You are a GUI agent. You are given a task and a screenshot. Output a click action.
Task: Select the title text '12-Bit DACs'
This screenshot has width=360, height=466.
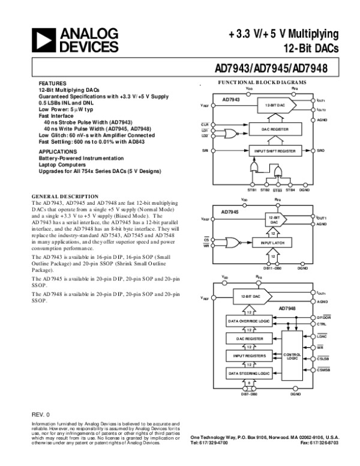[313, 47]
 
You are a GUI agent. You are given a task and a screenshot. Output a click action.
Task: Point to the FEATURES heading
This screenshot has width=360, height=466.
[49, 82]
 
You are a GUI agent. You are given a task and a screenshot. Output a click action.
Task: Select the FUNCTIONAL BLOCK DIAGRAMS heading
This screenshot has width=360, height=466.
[262, 82]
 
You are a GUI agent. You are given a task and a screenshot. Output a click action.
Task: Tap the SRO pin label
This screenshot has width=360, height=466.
[320, 150]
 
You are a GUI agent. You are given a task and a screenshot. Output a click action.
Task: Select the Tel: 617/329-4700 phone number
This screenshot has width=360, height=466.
[209, 443]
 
